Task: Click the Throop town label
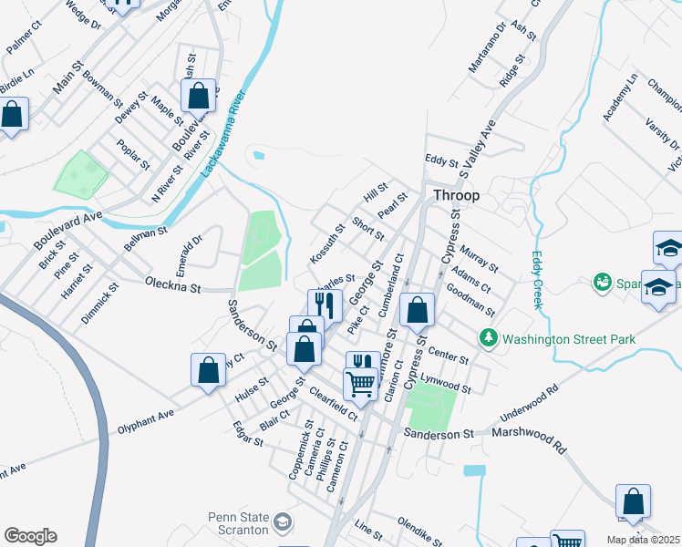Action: pyautogui.click(x=456, y=195)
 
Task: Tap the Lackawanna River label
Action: pyautogui.click(x=224, y=129)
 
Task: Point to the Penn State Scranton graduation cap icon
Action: pyautogui.click(x=284, y=522)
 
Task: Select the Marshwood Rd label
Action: pyautogui.click(x=530, y=438)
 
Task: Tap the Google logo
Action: pyautogui.click(x=30, y=536)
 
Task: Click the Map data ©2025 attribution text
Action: pyautogui.click(x=643, y=540)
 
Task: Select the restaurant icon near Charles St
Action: pyautogui.click(x=325, y=304)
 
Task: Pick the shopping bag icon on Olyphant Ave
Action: pyautogui.click(x=208, y=369)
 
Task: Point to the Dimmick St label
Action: pyautogui.click(x=99, y=304)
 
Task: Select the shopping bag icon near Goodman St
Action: pyautogui.click(x=417, y=310)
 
